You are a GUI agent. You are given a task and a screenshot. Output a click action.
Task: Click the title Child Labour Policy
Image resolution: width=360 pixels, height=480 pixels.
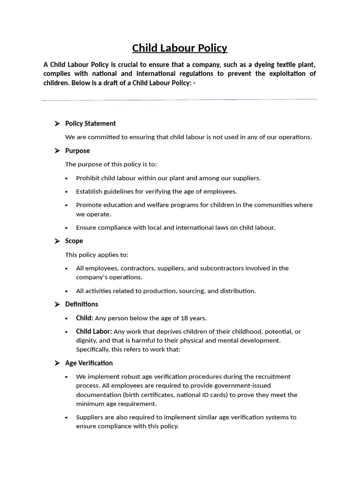(180, 48)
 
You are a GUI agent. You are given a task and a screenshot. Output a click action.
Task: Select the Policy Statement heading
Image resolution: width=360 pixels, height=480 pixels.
(90, 123)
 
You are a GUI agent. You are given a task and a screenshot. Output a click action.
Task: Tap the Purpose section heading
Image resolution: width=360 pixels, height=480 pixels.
(77, 150)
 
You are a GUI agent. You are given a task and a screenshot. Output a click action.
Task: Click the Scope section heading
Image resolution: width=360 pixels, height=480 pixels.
(74, 241)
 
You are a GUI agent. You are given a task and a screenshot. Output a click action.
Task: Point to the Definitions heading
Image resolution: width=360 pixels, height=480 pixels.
(82, 304)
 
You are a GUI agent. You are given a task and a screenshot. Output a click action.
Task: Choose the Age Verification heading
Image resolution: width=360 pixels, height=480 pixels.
(89, 363)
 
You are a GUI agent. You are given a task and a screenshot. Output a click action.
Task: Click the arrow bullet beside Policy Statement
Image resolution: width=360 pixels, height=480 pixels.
(57, 123)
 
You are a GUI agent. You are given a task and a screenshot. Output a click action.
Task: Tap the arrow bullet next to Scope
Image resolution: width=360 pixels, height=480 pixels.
(57, 241)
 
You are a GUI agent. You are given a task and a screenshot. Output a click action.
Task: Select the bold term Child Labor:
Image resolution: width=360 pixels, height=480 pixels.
(94, 331)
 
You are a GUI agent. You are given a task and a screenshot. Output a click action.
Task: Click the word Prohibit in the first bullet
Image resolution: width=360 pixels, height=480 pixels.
(88, 178)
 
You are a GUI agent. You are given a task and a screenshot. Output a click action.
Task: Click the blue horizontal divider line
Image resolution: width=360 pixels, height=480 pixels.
(180, 99)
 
